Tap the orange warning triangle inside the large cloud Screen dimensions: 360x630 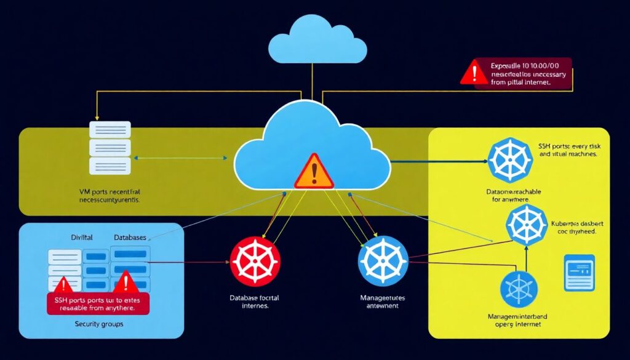(314, 172)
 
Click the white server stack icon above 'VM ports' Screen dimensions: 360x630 (110, 148)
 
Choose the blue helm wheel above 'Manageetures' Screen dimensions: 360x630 (383, 261)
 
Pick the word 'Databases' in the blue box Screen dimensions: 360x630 (132, 237)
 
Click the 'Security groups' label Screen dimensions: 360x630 (99, 324)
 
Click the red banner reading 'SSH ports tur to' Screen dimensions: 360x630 (98, 303)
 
